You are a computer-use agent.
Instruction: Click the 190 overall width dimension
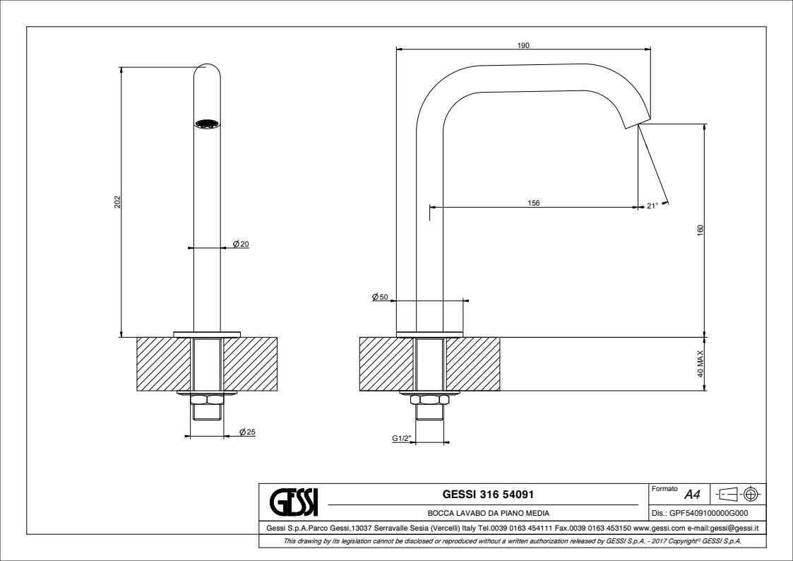523,45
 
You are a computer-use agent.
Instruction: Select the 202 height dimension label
117,202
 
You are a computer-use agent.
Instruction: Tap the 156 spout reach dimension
534,203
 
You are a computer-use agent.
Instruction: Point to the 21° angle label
652,206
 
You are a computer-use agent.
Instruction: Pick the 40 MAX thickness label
700,364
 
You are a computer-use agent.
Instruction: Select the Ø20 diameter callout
241,244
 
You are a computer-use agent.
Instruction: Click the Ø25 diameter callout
247,432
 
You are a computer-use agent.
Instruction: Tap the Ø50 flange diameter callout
380,297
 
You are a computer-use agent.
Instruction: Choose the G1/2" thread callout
403,438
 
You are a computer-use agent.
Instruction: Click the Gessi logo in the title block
294,502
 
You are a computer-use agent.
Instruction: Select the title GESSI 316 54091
488,494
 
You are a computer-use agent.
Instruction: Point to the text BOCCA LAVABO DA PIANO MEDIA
489,513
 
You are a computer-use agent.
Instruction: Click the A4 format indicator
692,494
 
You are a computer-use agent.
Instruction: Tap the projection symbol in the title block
739,494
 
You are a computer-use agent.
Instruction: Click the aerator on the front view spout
208,124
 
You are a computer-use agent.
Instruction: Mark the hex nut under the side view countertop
429,400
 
